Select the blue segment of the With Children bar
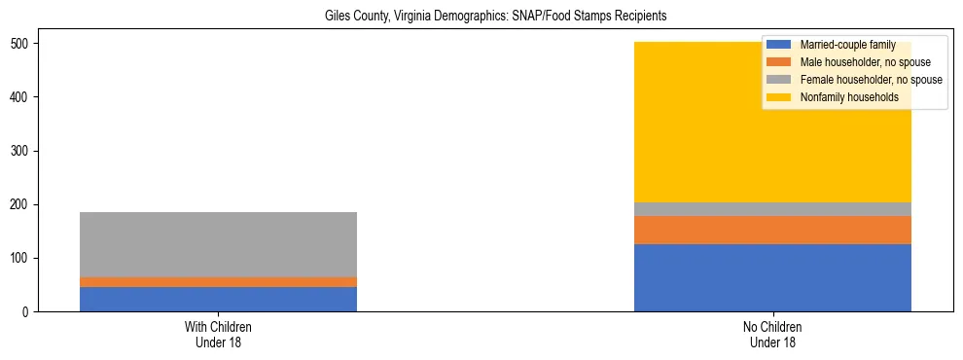click(x=218, y=299)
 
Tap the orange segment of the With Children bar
click(x=218, y=282)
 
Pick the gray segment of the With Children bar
click(x=218, y=244)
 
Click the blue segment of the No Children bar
click(x=772, y=277)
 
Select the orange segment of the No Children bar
click(x=772, y=230)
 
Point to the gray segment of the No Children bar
click(x=772, y=209)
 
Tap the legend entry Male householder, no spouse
click(x=851, y=62)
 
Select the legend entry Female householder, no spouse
click(x=856, y=80)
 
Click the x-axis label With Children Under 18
click(x=218, y=334)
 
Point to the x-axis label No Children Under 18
click(x=772, y=334)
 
